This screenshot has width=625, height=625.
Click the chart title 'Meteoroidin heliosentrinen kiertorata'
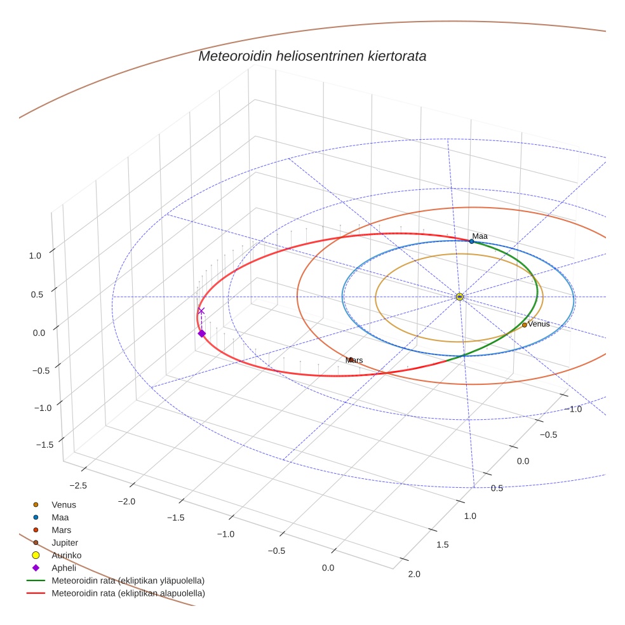(x=312, y=56)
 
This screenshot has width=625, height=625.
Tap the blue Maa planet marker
(x=471, y=241)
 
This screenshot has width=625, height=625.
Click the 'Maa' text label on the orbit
(x=480, y=236)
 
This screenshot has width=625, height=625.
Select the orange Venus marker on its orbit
(x=524, y=325)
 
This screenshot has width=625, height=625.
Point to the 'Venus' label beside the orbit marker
(x=539, y=324)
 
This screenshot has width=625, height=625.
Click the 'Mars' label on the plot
(x=354, y=360)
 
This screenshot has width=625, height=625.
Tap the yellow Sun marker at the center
(x=460, y=297)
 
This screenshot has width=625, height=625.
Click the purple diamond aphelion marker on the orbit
(x=201, y=333)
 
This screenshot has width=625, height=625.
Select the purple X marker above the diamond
(x=201, y=311)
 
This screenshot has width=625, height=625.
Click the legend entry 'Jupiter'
(x=65, y=542)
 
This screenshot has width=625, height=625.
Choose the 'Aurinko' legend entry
(x=66, y=555)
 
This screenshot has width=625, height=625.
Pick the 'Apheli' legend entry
(x=64, y=568)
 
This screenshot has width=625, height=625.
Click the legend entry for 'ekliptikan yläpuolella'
(x=128, y=581)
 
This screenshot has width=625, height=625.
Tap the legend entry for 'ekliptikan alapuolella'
(x=128, y=593)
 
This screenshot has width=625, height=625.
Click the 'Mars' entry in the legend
(x=62, y=530)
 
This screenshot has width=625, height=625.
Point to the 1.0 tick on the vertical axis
(x=35, y=255)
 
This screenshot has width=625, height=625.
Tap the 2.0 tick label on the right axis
(x=413, y=574)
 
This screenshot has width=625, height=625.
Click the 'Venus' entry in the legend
(x=64, y=505)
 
